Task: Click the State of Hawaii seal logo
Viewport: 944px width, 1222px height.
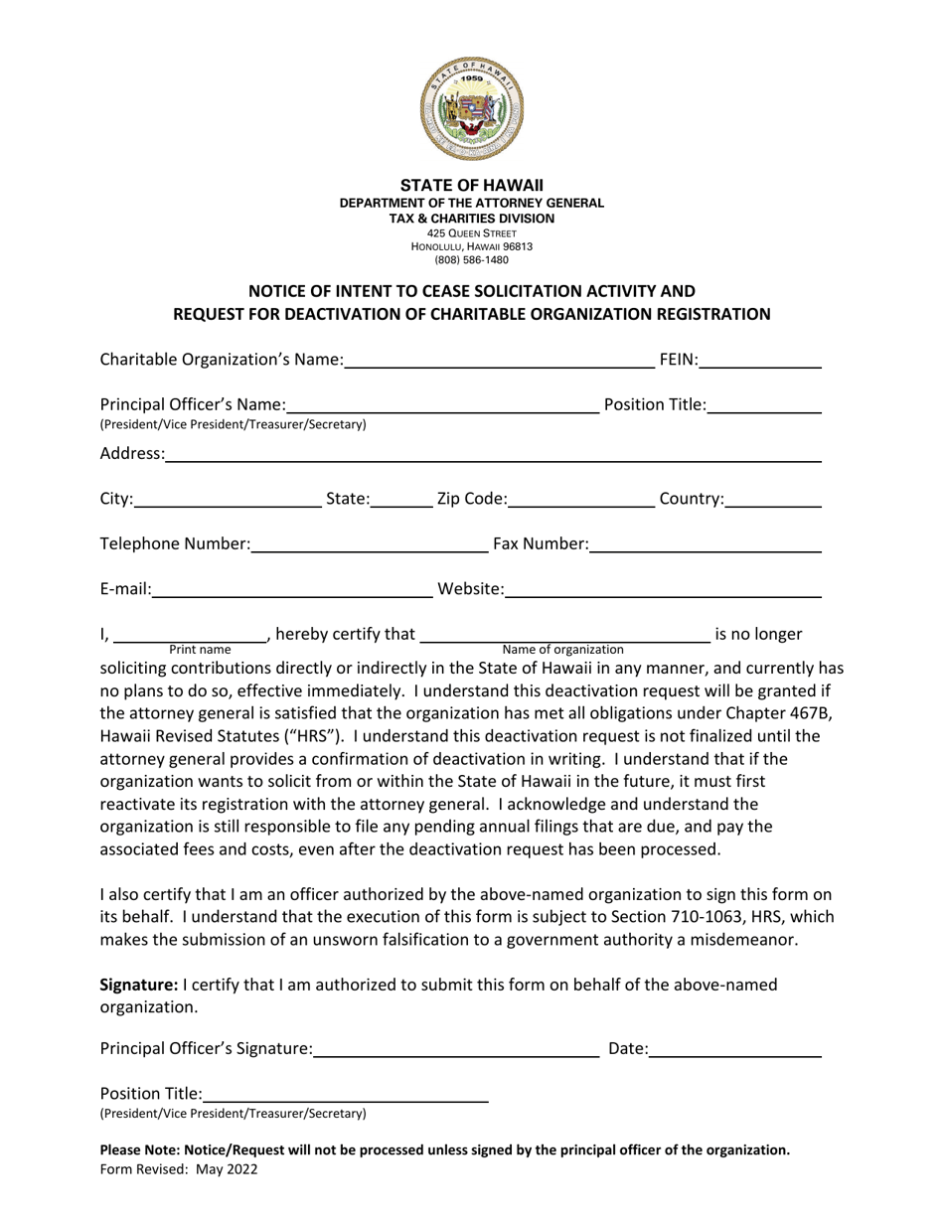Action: tap(472, 109)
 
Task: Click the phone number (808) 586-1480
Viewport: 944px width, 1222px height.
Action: tap(472, 260)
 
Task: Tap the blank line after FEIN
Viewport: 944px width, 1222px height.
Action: tap(760, 360)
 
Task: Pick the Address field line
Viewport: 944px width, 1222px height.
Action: tap(493, 454)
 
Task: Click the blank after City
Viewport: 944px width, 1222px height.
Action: tap(228, 499)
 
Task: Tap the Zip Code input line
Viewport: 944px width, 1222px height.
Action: tap(581, 499)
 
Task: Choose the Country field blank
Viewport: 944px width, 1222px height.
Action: tap(773, 499)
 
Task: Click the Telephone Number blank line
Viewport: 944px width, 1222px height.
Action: tap(370, 543)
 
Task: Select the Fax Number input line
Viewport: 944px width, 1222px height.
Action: tap(705, 543)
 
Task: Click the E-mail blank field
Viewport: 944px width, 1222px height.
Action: tap(292, 589)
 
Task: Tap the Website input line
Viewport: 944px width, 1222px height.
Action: tap(663, 589)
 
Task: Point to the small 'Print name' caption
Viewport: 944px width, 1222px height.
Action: tap(200, 649)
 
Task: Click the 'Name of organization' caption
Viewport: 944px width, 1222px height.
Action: tap(563, 649)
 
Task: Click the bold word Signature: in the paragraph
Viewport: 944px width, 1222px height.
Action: tap(138, 985)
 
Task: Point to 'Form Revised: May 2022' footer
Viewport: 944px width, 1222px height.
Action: tap(179, 1169)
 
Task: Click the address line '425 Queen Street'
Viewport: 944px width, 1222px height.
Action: tap(472, 233)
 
